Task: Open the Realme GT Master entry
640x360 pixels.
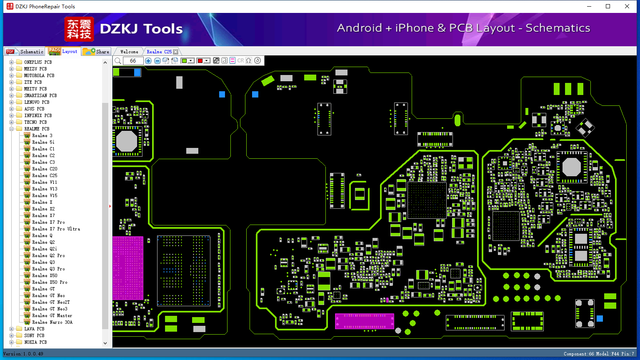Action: [x=52, y=315]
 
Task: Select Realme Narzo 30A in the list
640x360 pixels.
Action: [x=52, y=322]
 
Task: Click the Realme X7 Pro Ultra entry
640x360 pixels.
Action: [x=56, y=229]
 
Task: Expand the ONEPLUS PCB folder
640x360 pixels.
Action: [x=11, y=62]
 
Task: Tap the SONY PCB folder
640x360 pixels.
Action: [x=34, y=335]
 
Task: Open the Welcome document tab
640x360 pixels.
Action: [x=129, y=52]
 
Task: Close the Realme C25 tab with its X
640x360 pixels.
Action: [x=176, y=52]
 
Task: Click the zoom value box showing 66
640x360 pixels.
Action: [x=133, y=60]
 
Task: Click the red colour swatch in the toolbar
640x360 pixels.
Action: [x=200, y=60]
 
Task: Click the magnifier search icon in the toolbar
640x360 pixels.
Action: [x=118, y=60]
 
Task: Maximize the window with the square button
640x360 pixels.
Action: [x=608, y=6]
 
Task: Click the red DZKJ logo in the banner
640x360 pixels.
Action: [x=79, y=29]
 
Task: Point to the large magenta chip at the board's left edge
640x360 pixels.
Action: [x=128, y=268]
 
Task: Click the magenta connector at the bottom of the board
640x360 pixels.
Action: [x=365, y=321]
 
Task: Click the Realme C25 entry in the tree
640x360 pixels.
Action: [x=45, y=175]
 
